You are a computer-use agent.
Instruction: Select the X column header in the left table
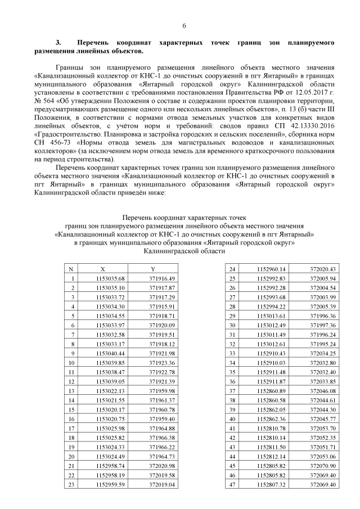(x=102, y=269)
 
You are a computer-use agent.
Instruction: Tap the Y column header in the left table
(x=152, y=269)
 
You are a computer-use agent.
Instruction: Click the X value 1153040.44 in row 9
(x=110, y=353)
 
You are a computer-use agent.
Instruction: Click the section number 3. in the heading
(x=57, y=42)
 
